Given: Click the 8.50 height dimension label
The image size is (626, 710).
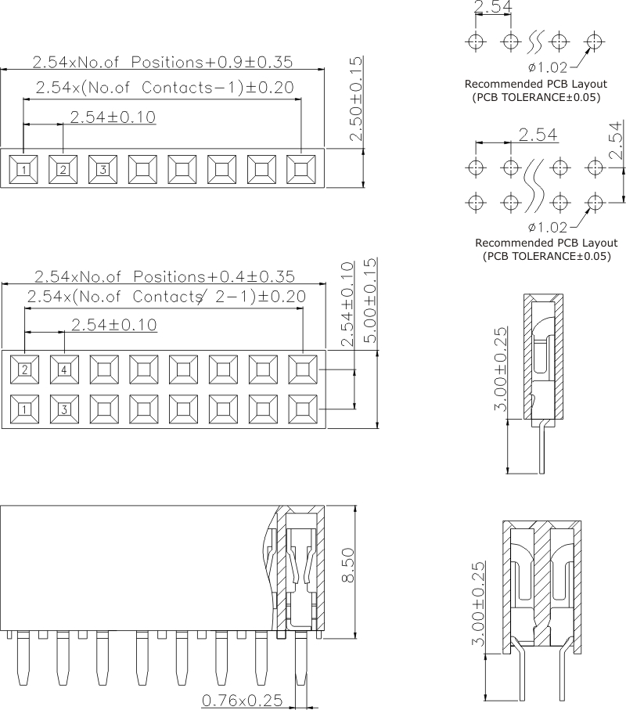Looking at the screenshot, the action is tap(348, 565).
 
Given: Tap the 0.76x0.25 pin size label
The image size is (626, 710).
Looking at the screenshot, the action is tap(242, 701).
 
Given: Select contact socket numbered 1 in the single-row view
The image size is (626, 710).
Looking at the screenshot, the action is tap(23, 169).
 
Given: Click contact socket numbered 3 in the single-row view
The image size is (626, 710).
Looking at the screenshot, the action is tap(103, 169).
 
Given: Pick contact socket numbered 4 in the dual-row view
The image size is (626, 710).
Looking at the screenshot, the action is tap(64, 369).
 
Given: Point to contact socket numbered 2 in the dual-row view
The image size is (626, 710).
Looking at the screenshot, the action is tap(24, 369).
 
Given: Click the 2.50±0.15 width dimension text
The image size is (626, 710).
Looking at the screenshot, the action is tap(356, 99).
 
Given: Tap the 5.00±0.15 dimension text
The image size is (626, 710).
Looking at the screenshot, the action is tap(370, 301).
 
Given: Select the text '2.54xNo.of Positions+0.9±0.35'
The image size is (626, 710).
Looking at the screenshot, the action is tap(163, 62).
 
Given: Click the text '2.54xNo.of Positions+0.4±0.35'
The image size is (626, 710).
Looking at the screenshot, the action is tap(165, 276).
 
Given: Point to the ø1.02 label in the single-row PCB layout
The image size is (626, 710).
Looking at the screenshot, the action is tap(547, 67).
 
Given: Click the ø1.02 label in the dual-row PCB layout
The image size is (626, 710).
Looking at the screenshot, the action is tap(547, 226).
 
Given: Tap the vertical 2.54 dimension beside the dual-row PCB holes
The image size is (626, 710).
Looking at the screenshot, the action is tap(615, 140).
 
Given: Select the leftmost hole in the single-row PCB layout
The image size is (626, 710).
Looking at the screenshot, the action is tap(475, 41).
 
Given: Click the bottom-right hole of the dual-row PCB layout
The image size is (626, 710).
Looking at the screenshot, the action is tap(595, 202).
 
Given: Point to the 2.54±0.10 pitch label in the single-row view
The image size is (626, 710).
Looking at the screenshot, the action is tap(113, 117).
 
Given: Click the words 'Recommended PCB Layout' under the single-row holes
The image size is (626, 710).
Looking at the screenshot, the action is tap(536, 84).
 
